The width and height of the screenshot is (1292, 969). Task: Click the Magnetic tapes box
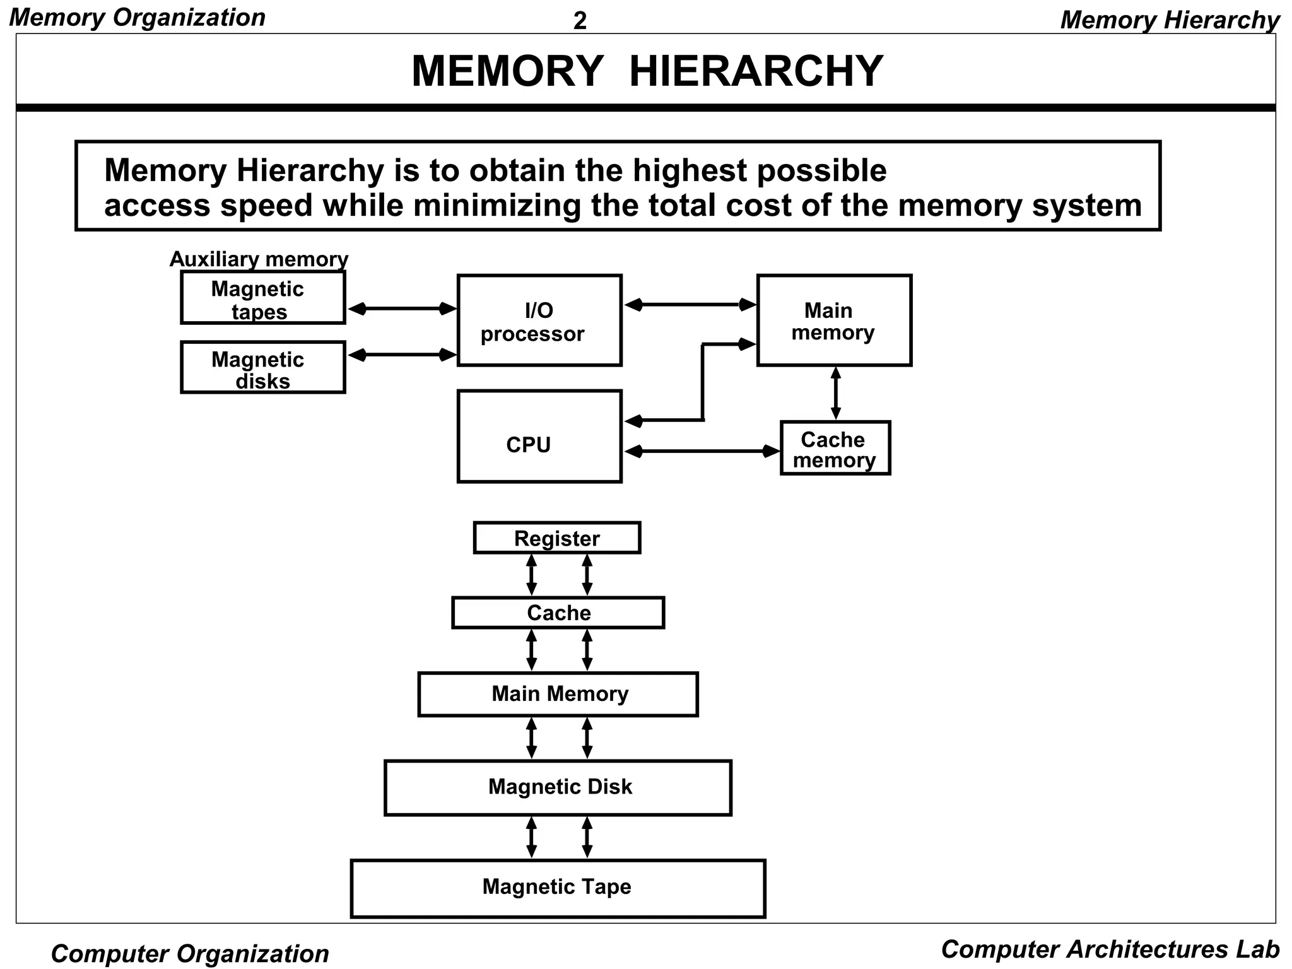click(262, 298)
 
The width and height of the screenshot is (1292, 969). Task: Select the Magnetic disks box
click(262, 367)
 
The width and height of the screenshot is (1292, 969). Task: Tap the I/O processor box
click(539, 320)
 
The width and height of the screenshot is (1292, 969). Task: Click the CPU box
click(539, 437)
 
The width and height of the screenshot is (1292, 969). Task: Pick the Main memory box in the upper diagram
click(834, 320)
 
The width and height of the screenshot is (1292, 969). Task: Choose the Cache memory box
click(835, 448)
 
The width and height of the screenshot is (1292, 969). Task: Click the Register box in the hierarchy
click(557, 538)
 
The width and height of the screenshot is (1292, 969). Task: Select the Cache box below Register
click(558, 613)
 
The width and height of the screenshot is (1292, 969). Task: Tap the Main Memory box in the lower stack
click(558, 694)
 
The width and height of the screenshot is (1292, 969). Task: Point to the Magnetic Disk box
click(558, 787)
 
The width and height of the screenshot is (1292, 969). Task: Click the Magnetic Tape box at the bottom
click(558, 888)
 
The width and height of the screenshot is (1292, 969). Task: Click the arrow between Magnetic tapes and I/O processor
click(402, 308)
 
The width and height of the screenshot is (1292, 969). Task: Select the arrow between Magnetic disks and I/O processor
click(402, 355)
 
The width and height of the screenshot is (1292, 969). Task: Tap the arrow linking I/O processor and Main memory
click(690, 305)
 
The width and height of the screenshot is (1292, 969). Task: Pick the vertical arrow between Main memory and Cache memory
click(836, 393)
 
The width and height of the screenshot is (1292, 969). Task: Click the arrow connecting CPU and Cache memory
click(702, 451)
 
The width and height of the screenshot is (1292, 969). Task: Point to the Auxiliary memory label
click(259, 259)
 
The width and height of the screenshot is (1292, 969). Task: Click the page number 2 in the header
click(580, 21)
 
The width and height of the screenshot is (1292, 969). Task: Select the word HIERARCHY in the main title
click(756, 71)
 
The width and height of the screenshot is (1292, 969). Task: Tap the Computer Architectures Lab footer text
click(1110, 949)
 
